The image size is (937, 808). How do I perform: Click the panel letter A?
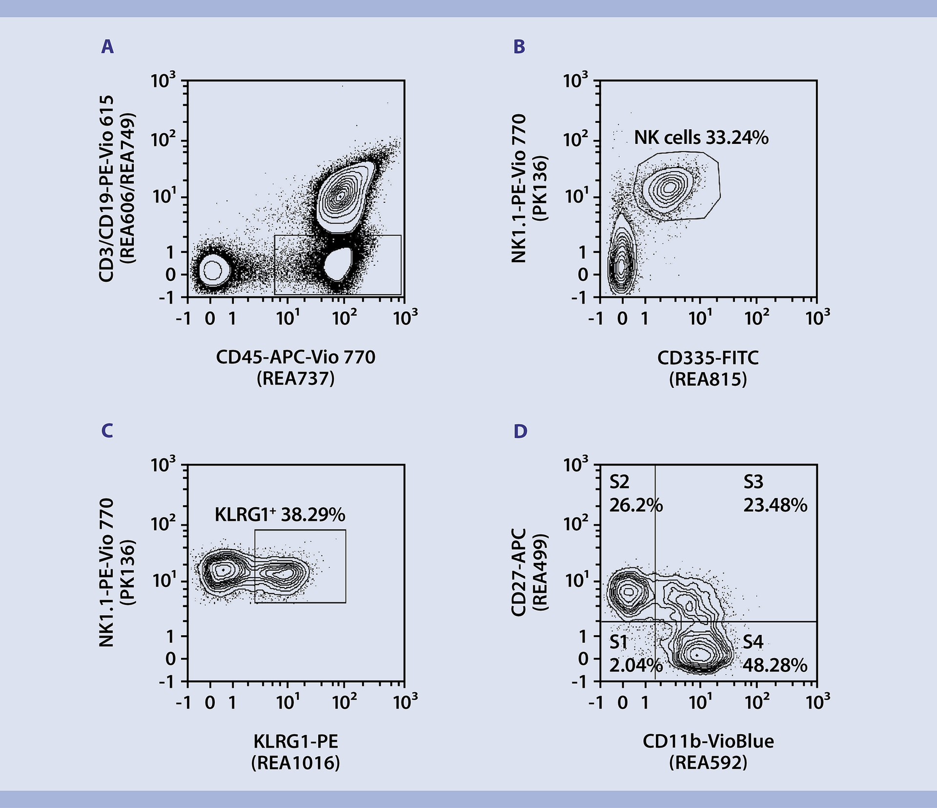tap(107, 47)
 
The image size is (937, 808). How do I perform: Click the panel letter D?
tap(520, 431)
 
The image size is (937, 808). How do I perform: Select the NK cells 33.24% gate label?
tap(701, 138)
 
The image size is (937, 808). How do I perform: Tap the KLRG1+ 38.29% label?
tap(280, 514)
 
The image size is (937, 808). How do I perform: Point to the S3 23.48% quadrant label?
tap(775, 494)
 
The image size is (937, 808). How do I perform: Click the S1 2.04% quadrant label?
tap(635, 654)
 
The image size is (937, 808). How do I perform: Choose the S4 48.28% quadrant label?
tap(774, 654)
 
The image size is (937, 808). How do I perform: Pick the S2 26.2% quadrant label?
tap(635, 494)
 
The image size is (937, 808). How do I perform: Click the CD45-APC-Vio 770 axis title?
tap(296, 357)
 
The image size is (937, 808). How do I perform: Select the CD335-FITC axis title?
tap(708, 358)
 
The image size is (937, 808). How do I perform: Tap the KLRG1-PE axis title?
tap(296, 742)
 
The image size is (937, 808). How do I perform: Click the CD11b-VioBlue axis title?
tap(708, 742)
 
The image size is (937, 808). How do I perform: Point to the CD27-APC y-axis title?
tap(518, 572)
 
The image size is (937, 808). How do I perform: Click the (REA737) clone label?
tap(296, 379)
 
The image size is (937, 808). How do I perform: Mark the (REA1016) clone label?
tap(296, 763)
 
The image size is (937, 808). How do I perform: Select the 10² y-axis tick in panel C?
tap(163, 524)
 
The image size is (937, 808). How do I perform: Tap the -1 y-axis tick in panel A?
tap(167, 297)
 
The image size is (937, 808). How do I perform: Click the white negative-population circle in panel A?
tap(212, 270)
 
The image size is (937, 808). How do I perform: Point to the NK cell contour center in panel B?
tap(670, 186)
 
